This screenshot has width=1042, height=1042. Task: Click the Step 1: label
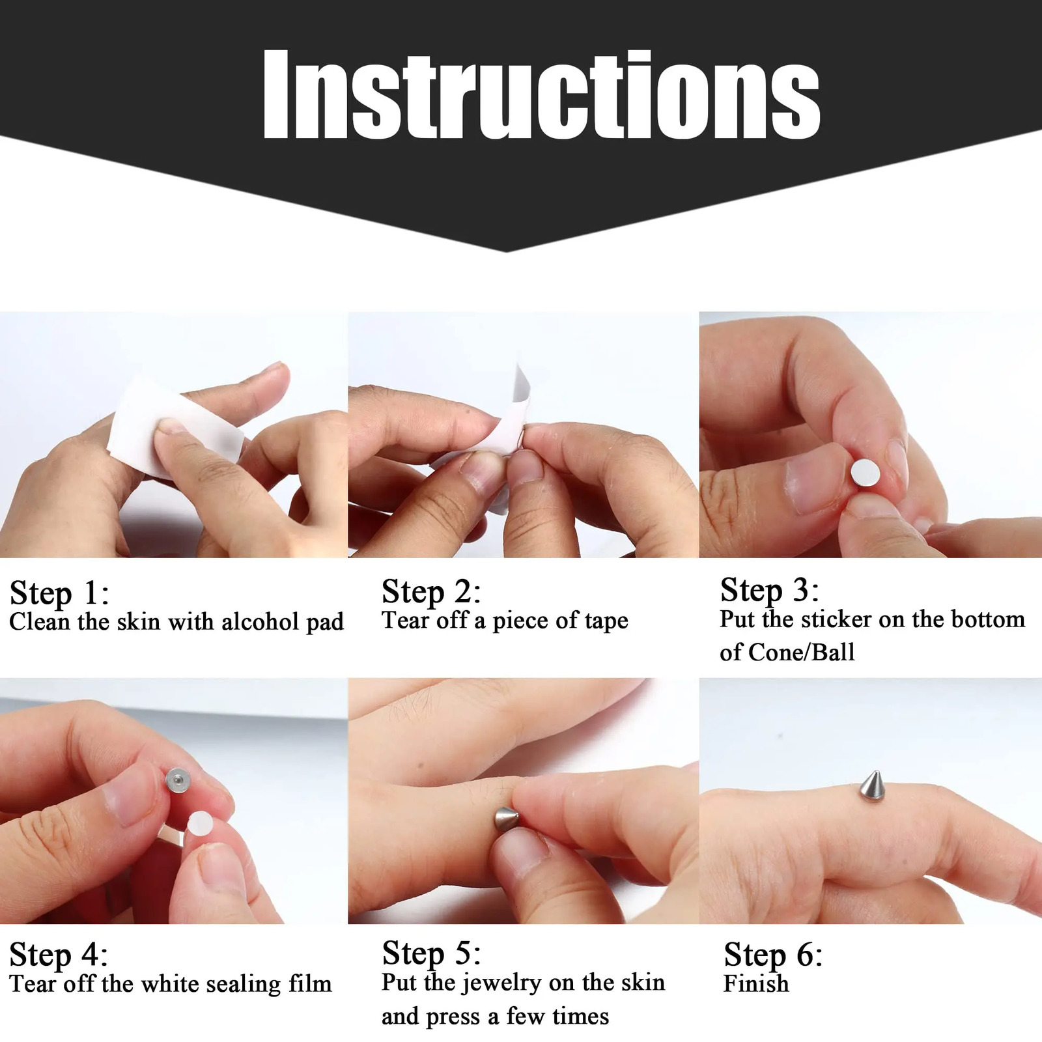59,593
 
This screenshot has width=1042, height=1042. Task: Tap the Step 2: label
431,591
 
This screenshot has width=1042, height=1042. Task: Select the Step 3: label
769,590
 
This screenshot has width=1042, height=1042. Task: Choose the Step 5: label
431,953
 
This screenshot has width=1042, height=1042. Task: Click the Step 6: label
773,955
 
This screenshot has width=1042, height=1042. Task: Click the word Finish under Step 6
755,983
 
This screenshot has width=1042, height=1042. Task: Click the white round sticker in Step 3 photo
865,472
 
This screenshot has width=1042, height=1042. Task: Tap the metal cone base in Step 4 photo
176,779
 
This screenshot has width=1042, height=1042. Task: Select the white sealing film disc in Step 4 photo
199,824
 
